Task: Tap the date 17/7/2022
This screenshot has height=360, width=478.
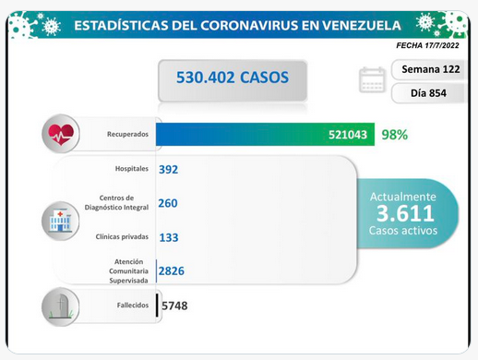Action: (x=442, y=45)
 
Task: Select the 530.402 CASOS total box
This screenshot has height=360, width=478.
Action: (x=233, y=80)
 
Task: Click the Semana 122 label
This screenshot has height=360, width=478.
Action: (x=431, y=69)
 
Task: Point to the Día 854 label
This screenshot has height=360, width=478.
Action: (x=428, y=93)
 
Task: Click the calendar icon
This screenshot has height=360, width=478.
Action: (x=372, y=79)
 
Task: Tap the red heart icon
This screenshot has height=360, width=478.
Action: (x=61, y=134)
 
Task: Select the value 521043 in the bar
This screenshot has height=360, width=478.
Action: (x=348, y=135)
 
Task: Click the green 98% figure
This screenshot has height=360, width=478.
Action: (x=395, y=135)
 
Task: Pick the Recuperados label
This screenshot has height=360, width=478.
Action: (x=127, y=134)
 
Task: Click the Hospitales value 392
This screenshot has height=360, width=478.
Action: (x=168, y=169)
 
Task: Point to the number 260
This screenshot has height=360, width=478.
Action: (x=168, y=203)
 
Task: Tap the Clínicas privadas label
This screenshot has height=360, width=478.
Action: (x=122, y=236)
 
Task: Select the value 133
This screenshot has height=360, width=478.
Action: (x=169, y=237)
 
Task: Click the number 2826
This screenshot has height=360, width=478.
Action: (x=172, y=270)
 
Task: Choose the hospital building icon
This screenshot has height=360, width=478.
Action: (x=61, y=221)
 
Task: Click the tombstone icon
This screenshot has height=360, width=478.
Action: (x=61, y=306)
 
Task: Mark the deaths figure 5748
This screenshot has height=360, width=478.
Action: (x=174, y=306)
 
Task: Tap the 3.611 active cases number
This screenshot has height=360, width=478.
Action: (x=405, y=213)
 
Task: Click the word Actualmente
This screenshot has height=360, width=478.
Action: (x=403, y=197)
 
